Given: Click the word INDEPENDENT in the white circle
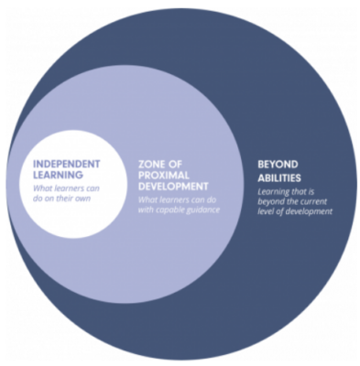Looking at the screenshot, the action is pos(66,164).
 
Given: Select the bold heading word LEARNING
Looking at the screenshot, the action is pos(58,175).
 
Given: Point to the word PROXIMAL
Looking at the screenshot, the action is pos(164,175).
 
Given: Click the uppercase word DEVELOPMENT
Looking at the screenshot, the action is pos(173,186).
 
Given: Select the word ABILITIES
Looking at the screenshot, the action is pos(279,178).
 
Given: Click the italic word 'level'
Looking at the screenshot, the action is pos(265,211).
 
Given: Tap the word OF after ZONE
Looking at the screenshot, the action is pos(176,165).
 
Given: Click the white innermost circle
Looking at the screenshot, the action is pos(73,184).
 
